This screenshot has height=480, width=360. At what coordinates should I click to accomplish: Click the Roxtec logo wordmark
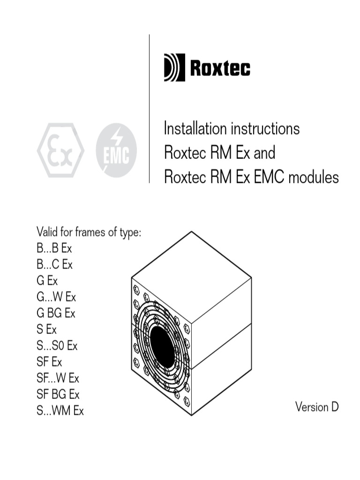click(220, 68)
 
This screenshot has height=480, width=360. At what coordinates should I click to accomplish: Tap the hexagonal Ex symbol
click(61, 150)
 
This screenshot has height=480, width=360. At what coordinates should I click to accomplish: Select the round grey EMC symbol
click(116, 150)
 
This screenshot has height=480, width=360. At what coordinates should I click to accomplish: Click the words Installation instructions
click(232, 128)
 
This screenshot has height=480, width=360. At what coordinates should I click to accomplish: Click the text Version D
click(316, 406)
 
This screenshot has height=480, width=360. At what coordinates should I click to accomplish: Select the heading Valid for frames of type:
click(89, 232)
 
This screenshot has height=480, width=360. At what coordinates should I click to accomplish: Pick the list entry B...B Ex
click(54, 248)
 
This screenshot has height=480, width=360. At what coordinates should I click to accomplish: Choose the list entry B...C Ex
click(55, 264)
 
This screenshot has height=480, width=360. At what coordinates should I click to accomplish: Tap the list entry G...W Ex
click(56, 297)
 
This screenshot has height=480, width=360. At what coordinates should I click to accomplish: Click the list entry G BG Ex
click(56, 313)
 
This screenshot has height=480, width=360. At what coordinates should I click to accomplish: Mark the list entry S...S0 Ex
click(57, 346)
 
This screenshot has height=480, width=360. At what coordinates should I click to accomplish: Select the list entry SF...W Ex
click(58, 378)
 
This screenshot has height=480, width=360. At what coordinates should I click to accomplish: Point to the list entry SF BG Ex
click(58, 394)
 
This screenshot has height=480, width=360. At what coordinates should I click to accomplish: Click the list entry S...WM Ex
click(60, 411)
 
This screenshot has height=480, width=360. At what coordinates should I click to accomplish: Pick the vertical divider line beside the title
click(150, 108)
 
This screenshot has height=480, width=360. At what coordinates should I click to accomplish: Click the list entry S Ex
click(46, 329)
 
